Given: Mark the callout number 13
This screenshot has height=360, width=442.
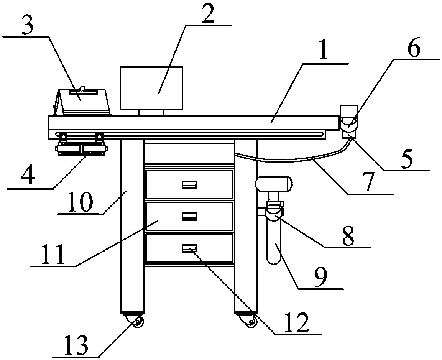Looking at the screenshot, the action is tap(77, 346).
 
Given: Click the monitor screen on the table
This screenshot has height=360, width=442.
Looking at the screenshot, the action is tap(151, 88).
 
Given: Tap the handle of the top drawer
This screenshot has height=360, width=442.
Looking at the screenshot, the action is tap(189, 185).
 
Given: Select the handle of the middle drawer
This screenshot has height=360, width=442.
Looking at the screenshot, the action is tap(189, 217).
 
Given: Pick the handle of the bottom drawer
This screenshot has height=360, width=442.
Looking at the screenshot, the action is tap(189, 249).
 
